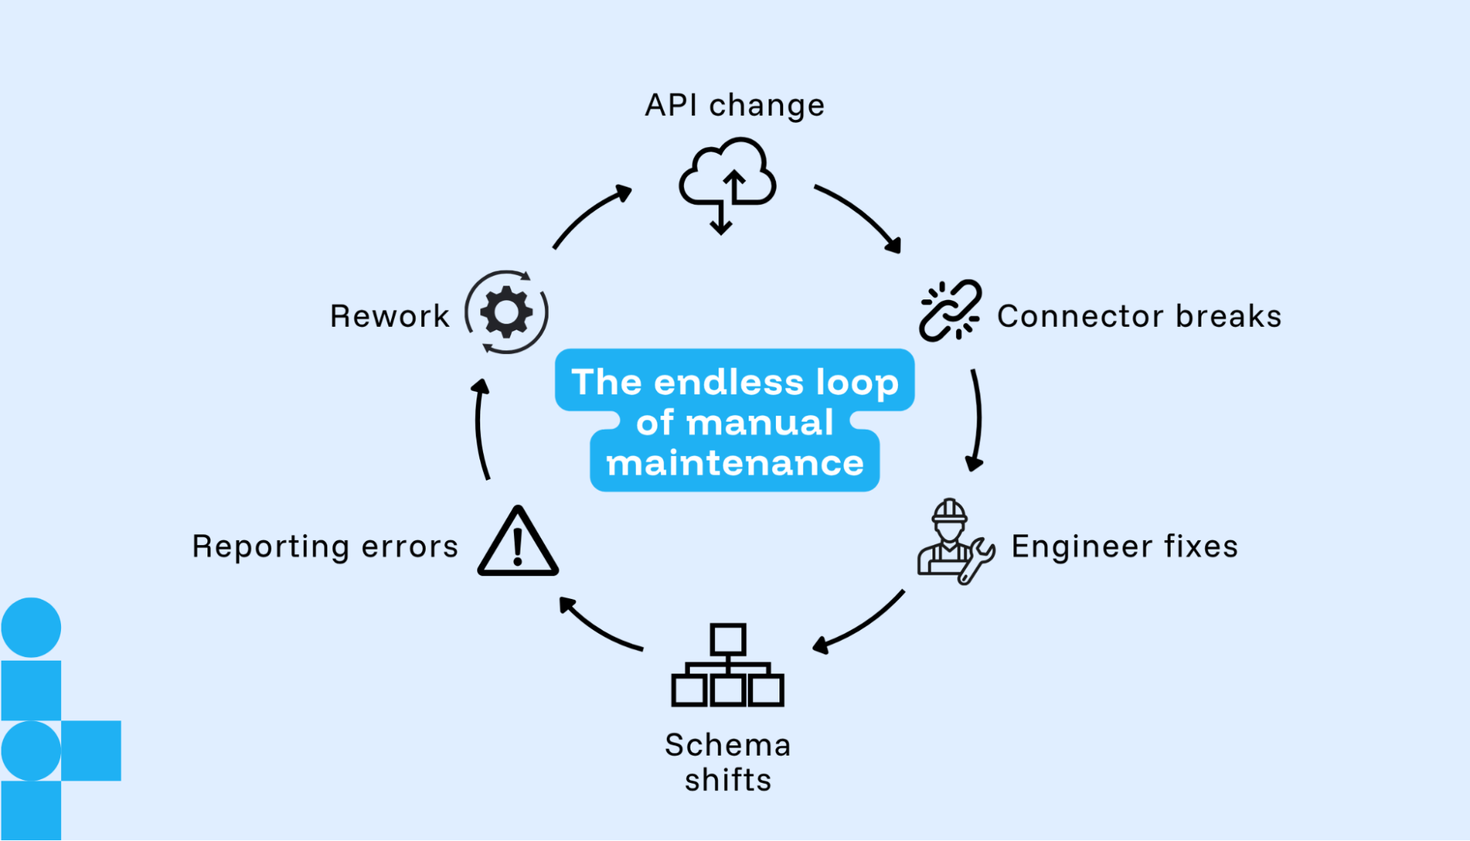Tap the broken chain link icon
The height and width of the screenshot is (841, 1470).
point(949,311)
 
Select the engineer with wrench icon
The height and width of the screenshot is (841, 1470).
point(953,542)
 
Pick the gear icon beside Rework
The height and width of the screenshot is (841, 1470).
point(507,312)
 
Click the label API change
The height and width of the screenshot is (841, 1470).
point(735,105)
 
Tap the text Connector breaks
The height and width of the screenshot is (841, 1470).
point(1139,316)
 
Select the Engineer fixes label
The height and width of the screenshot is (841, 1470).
point(1124,547)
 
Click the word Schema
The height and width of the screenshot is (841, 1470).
point(727,745)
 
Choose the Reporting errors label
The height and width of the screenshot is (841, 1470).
point(325,547)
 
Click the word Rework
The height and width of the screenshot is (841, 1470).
point(390,316)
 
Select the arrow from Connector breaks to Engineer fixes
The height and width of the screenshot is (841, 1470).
point(978,419)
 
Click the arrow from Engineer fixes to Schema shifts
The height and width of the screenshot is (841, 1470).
point(861,624)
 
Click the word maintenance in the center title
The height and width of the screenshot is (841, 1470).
point(735,464)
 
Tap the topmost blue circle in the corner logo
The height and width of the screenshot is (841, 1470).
point(31,627)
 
